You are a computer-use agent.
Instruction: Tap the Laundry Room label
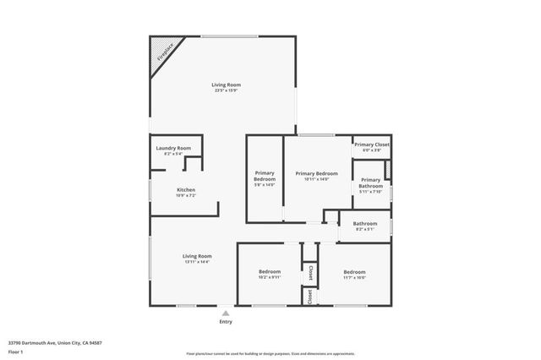point(173,148)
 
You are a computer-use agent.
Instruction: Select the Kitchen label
point(186,189)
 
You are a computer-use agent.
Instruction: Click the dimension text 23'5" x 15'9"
point(227,90)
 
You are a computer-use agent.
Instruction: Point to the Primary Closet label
point(371,145)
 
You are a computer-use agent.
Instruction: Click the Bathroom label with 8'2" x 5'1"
point(365,223)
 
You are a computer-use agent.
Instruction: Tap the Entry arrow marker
point(226,313)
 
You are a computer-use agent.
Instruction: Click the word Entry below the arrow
point(226,322)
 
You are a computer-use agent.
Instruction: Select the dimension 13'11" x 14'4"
point(197,262)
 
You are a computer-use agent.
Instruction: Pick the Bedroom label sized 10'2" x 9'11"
point(270,271)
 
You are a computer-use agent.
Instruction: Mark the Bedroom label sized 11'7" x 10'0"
point(354,271)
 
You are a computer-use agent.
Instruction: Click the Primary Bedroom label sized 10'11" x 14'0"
point(317,173)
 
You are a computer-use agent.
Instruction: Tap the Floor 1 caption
point(15,351)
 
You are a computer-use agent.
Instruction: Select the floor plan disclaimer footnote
point(270,353)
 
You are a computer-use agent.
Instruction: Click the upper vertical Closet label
point(310,272)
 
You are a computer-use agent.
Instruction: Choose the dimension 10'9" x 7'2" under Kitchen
point(186,195)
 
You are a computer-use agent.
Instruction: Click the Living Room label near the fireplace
point(227,85)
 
